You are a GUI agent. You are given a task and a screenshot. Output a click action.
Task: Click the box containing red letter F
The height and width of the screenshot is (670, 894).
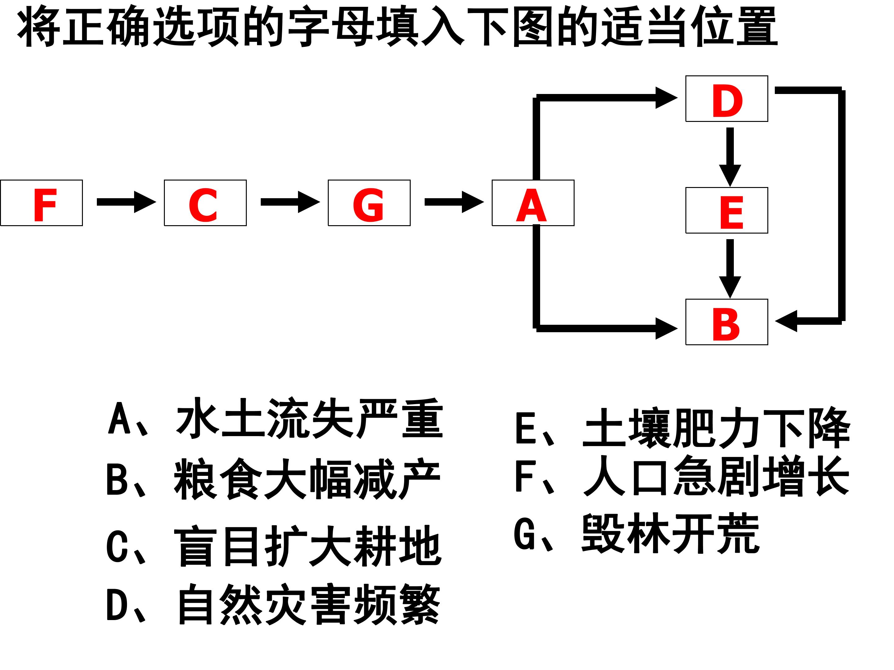[x=42, y=203]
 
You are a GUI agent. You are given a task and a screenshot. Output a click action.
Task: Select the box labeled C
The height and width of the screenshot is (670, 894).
[x=205, y=203]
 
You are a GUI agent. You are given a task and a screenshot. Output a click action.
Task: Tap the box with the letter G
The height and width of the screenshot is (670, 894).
[x=369, y=203]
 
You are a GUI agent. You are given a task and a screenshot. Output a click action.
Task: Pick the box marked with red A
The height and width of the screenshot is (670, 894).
[x=533, y=203]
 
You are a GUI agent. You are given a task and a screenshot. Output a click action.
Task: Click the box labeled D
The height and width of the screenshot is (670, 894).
[x=727, y=99]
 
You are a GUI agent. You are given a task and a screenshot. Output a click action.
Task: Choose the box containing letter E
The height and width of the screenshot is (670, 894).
[x=727, y=210]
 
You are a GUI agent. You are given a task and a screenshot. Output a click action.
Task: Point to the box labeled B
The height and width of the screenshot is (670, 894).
[x=727, y=322]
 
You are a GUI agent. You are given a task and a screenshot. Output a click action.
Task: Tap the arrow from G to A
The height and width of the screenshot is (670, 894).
[x=454, y=202]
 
